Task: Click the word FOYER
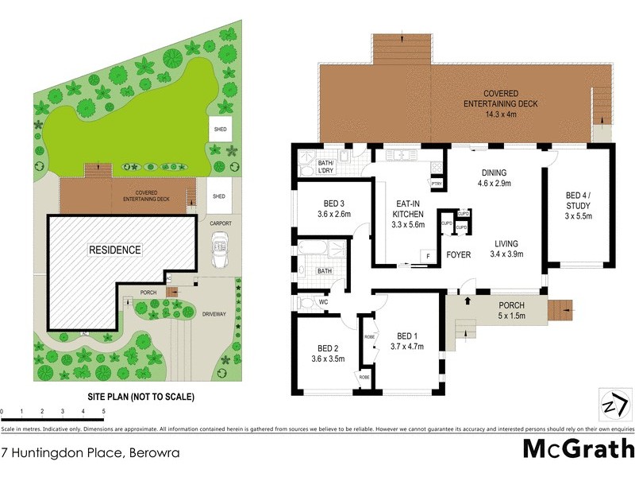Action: pyautogui.click(x=457, y=256)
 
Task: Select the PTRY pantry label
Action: pyautogui.click(x=436, y=184)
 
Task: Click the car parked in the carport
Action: pyautogui.click(x=218, y=254)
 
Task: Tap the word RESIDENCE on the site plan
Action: pyautogui.click(x=115, y=250)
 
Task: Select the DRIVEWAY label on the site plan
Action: pyautogui.click(x=215, y=314)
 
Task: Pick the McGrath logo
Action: pyautogui.click(x=579, y=448)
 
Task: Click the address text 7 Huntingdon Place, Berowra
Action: pyautogui.click(x=90, y=454)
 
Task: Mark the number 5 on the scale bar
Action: pyautogui.click(x=103, y=411)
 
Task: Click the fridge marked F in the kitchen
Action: pyautogui.click(x=427, y=256)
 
